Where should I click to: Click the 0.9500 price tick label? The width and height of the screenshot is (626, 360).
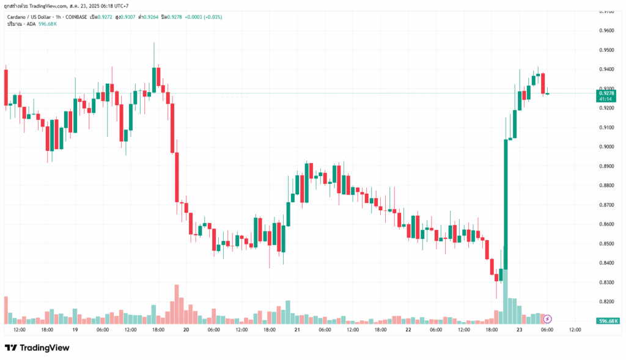pyautogui.click(x=607, y=50)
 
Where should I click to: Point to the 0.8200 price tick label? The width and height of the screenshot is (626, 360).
pyautogui.click(x=607, y=302)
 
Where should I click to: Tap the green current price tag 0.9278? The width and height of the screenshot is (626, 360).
pyautogui.click(x=608, y=93)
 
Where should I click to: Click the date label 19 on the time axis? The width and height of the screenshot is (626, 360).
pyautogui.click(x=75, y=330)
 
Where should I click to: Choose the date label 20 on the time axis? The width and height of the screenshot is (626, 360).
pyautogui.click(x=186, y=330)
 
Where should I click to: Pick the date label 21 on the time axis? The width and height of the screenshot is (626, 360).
pyautogui.click(x=296, y=330)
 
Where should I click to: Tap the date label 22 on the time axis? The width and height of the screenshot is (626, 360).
pyautogui.click(x=408, y=330)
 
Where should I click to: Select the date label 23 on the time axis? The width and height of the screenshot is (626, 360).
pyautogui.click(x=519, y=330)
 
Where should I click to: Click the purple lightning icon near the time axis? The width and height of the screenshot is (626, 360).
pyautogui.click(x=548, y=318)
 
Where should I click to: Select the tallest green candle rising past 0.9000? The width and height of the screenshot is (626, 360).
pyautogui.click(x=506, y=202)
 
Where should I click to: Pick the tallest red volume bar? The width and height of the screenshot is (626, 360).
pyautogui.click(x=176, y=304)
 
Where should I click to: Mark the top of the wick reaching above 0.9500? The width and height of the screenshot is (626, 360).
pyautogui.click(x=154, y=43)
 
